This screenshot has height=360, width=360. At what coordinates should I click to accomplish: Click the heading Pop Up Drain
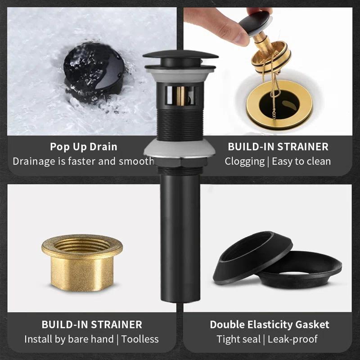pos(84,147)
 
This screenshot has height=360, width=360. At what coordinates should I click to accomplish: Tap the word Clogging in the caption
pos(244,161)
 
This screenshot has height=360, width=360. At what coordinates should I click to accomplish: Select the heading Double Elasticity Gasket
pos(269,324)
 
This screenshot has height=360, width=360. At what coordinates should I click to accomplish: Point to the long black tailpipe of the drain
pos(180,234)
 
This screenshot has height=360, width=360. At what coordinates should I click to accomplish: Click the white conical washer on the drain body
pos(180,149)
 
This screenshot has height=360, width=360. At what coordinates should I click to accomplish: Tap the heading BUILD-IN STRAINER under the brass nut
pos(92,324)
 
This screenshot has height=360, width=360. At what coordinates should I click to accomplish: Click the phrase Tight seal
pos(238,339)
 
